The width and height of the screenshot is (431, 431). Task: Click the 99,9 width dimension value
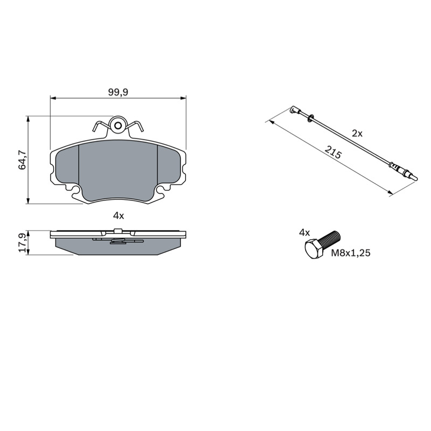click(118, 92)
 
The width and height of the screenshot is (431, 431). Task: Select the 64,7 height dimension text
click(23, 159)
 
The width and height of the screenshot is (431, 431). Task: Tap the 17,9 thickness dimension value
click(23, 243)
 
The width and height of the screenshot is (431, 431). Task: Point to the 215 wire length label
click(333, 152)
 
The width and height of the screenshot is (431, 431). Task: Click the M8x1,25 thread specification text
click(351, 253)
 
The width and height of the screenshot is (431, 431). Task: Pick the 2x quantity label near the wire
click(357, 134)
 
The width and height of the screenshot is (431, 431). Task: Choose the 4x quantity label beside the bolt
click(304, 233)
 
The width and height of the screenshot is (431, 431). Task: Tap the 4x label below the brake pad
click(119, 216)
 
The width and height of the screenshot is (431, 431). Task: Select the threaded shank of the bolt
click(331, 239)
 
